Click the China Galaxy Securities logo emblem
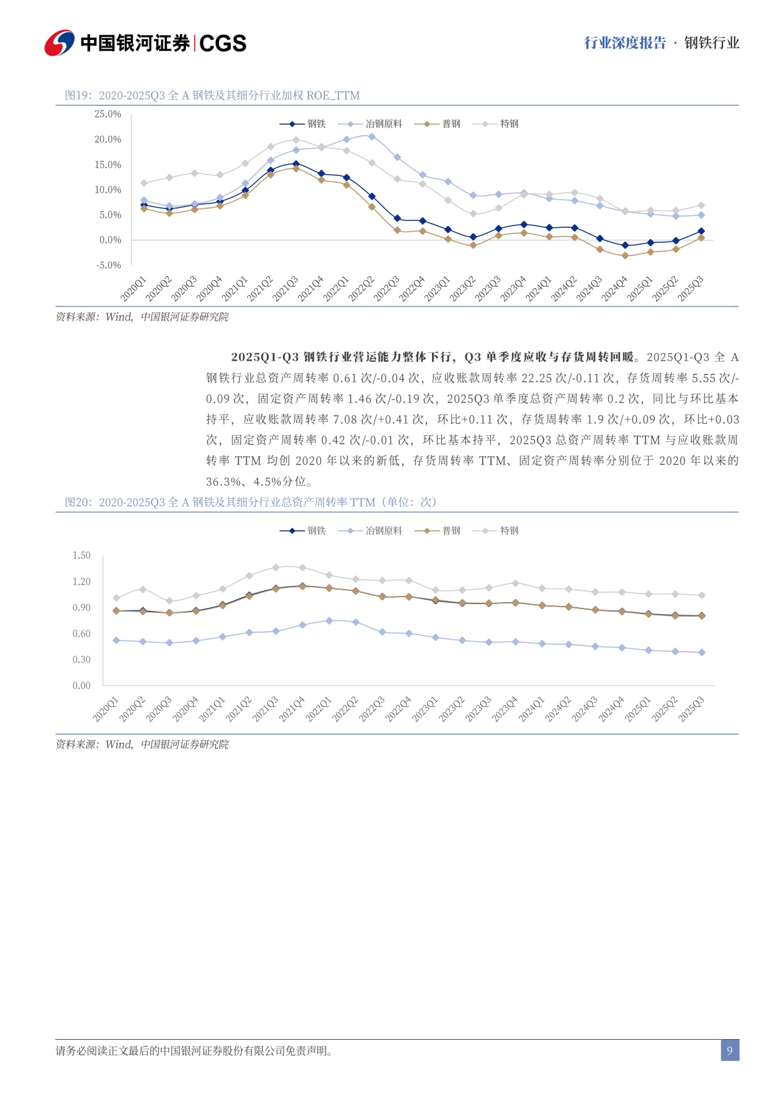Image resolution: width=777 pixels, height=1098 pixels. tap(59, 43)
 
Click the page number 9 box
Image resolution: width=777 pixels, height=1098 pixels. tap(729, 1050)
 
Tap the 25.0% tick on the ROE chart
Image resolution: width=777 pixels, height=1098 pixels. tap(108, 114)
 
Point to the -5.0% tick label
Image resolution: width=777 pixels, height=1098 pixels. tap(108, 265)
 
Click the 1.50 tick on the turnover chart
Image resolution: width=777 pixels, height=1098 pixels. tap(81, 555)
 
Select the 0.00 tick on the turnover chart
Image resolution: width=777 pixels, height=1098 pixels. tap(81, 685)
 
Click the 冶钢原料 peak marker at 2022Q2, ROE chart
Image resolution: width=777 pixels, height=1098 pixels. tap(372, 136)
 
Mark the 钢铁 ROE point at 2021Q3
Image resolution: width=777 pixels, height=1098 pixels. tap(296, 164)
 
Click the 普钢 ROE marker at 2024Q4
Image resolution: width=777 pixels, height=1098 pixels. tap(625, 255)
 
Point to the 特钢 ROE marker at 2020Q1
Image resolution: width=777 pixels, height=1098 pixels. tap(144, 183)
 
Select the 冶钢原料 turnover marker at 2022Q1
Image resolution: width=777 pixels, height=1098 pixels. tap(329, 620)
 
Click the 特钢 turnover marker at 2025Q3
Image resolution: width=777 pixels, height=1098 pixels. tap(701, 595)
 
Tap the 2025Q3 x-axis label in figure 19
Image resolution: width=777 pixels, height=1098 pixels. tap(692, 289)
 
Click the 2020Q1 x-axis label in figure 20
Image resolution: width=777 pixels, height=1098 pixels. tap(106, 709)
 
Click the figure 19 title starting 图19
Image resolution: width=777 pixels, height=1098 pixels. tap(212, 95)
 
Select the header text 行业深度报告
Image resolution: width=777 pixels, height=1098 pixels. tap(625, 43)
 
